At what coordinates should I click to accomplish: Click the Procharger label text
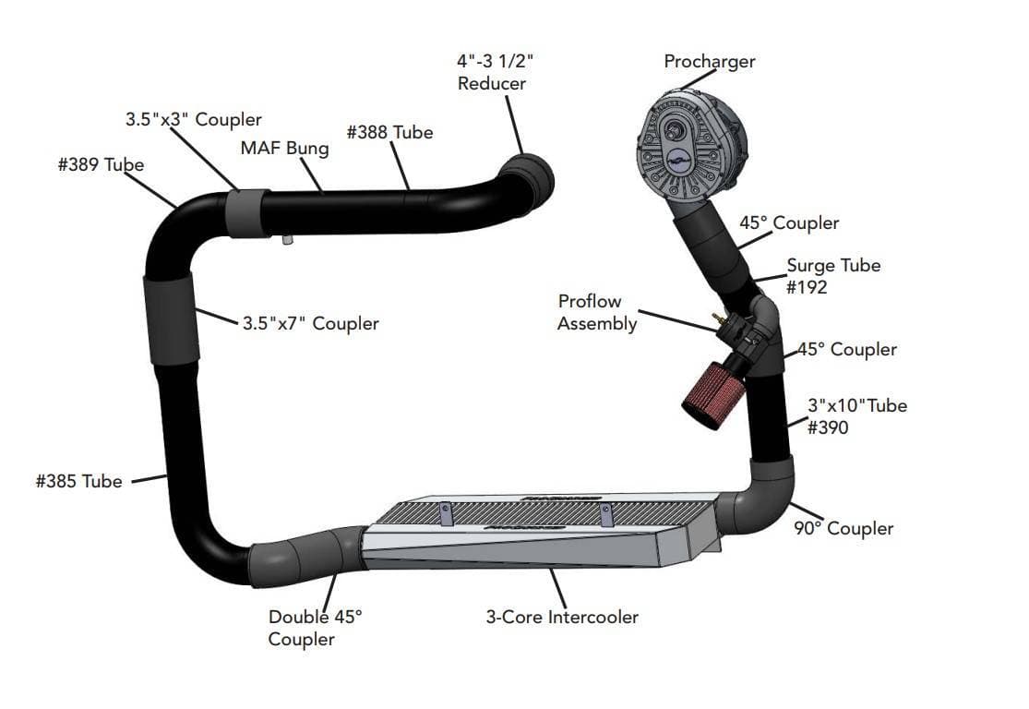click(x=709, y=62)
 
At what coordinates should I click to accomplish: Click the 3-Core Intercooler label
click(x=562, y=617)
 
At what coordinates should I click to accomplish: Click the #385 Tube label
click(x=78, y=481)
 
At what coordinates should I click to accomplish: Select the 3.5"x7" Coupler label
click(x=310, y=324)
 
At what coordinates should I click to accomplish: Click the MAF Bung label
click(x=284, y=148)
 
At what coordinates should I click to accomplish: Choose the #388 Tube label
click(x=389, y=132)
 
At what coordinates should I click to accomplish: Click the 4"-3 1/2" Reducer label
click(x=495, y=72)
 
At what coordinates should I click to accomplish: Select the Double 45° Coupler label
click(x=315, y=628)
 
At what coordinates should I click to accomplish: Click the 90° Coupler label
click(x=844, y=528)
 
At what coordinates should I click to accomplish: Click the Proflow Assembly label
click(x=597, y=312)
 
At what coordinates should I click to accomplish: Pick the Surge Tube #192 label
click(x=832, y=275)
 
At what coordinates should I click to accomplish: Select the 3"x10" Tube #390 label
click(x=856, y=415)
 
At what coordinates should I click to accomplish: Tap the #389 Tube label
click(x=101, y=165)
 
